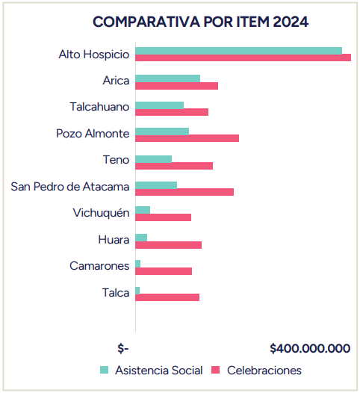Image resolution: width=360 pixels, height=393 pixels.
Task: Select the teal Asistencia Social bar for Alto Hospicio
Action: (x=238, y=51)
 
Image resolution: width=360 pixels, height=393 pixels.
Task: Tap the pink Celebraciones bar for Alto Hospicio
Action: (x=243, y=58)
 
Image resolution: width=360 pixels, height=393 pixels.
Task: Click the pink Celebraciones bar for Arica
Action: (x=176, y=85)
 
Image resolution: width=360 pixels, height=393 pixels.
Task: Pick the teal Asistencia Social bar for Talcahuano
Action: (x=159, y=105)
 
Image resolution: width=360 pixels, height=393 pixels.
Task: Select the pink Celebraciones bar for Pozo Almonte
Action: (x=187, y=138)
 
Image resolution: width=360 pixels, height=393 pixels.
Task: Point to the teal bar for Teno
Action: (x=153, y=158)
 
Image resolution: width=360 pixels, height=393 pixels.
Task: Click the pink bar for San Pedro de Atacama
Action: (x=184, y=192)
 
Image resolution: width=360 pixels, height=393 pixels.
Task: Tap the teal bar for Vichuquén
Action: (x=143, y=210)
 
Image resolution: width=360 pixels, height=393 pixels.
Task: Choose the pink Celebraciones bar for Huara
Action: (x=168, y=245)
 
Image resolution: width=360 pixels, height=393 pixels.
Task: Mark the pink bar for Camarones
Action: (x=164, y=271)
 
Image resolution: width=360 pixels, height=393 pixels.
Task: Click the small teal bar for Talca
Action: (x=137, y=289)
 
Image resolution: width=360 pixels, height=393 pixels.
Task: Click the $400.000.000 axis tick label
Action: (x=310, y=348)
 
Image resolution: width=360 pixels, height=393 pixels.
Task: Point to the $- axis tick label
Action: (x=123, y=348)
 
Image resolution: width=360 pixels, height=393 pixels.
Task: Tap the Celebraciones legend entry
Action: (x=257, y=370)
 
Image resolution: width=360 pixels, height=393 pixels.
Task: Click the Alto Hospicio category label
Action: (x=94, y=55)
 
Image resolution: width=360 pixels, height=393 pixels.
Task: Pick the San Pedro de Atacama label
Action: (x=70, y=186)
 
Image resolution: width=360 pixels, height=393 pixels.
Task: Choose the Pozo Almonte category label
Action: (x=93, y=134)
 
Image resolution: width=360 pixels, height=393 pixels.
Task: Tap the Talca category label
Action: (x=116, y=293)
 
